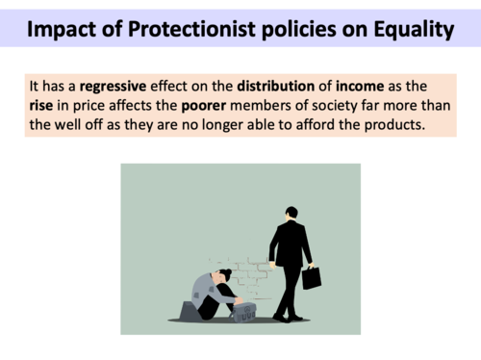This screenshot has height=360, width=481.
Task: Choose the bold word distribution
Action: tap(276, 86)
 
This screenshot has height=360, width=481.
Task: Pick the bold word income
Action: tap(361, 86)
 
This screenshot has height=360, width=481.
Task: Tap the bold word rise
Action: tap(41, 105)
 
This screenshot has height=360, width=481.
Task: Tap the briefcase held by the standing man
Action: tap(311, 277)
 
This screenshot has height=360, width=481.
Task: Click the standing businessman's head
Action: tap(291, 212)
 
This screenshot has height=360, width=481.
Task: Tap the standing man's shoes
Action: tap(287, 317)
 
